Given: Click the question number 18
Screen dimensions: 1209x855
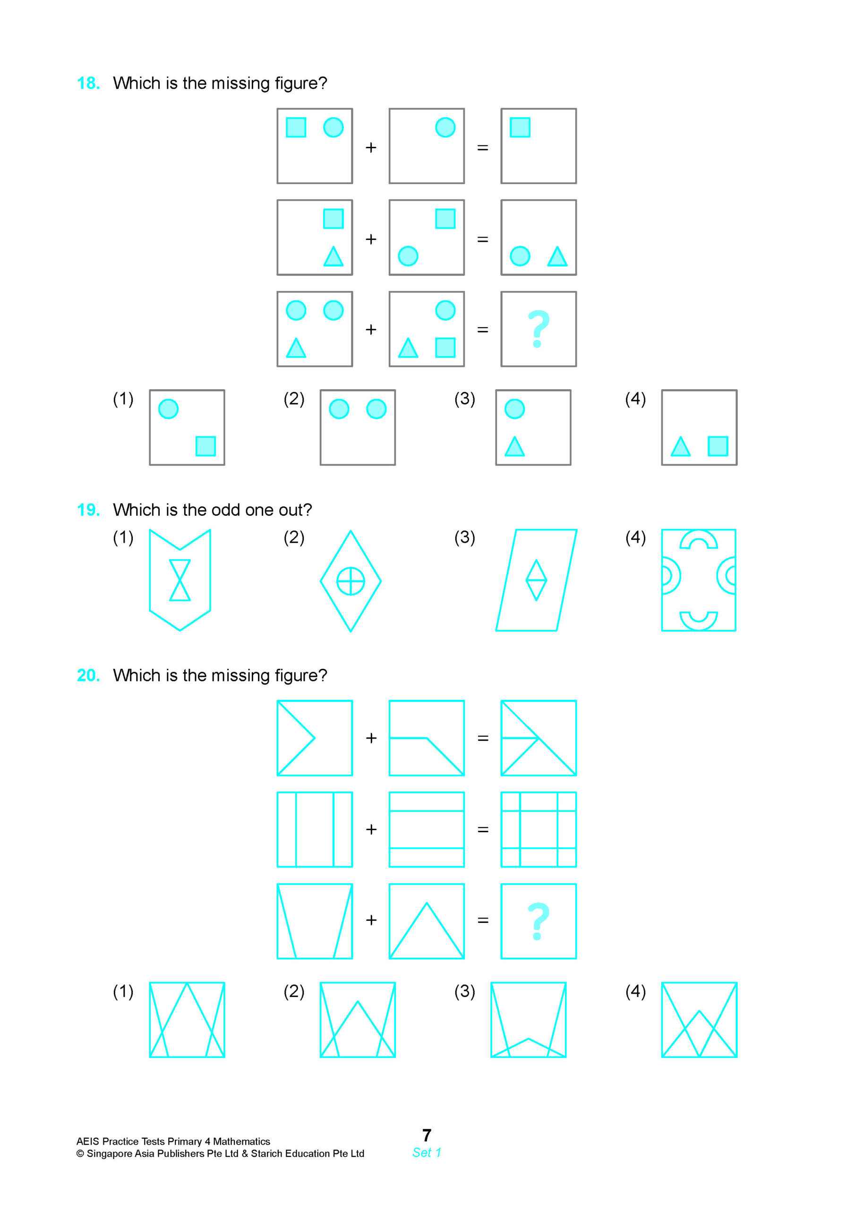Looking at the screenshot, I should point(88,83).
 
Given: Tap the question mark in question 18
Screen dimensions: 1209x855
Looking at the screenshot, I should point(538,329).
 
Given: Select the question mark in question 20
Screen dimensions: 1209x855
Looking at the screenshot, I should point(538,921).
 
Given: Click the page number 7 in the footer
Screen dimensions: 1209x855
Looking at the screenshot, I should point(427,1135).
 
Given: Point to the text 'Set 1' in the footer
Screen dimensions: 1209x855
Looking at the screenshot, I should point(427,1152).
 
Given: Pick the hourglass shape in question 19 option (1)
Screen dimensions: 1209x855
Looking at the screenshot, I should point(180,580).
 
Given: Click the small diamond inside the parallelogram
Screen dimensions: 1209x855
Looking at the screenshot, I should point(536,580).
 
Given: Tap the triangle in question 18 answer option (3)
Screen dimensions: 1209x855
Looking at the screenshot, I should point(515,447).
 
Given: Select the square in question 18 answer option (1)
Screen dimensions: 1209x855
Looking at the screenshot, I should point(205,446).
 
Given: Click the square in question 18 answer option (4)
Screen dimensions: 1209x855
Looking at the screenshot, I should point(718,446).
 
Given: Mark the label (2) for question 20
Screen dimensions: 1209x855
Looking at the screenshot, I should point(294,992).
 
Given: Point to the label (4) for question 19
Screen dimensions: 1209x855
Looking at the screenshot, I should point(635,537).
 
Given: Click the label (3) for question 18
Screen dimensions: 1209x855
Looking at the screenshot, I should point(465,399).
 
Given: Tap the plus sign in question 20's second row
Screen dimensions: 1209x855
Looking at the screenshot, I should point(371,829).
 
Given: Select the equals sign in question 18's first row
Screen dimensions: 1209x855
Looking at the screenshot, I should point(483,147).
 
